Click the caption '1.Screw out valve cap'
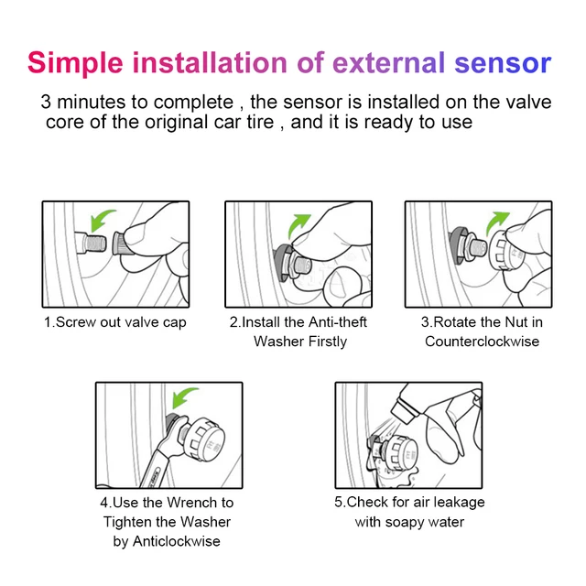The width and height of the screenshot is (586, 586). [x=114, y=322]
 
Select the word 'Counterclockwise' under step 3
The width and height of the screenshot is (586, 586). [x=482, y=342]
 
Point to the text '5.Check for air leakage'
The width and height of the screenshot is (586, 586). [x=409, y=502]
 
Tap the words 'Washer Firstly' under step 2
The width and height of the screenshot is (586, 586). [x=299, y=342]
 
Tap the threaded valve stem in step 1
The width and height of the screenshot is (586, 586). [x=91, y=245]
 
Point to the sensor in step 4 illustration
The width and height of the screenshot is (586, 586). [x=209, y=438]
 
